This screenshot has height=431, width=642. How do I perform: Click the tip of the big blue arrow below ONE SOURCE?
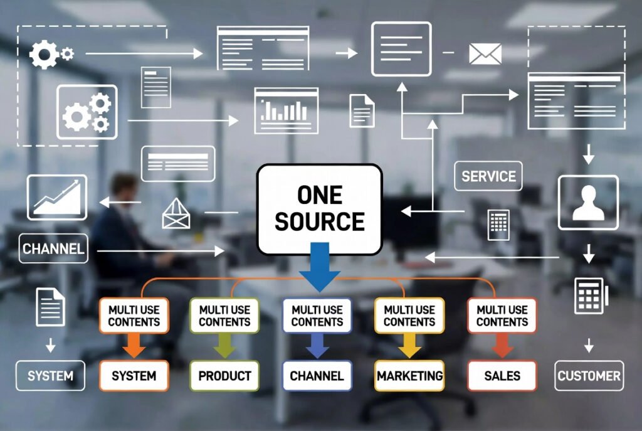click(x=320, y=292)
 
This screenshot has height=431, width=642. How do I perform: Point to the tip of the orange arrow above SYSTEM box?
click(x=134, y=358)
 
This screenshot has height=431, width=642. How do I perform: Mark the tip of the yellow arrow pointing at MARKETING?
click(x=409, y=358)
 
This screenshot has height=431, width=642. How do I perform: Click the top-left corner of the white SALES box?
click(x=468, y=361)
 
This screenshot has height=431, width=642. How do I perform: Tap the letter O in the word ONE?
click(x=305, y=195)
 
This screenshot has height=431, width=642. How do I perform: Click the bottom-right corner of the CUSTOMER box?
click(x=624, y=390)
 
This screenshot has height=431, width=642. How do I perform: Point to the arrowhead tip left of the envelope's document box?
click(x=357, y=53)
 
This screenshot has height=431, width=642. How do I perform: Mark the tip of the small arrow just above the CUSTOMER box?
click(x=589, y=353)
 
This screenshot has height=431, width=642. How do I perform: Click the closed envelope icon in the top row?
click(x=485, y=54)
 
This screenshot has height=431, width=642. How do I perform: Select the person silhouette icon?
click(x=588, y=203)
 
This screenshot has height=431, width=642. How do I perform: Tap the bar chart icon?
click(x=286, y=110)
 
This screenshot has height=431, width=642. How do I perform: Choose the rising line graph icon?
click(x=57, y=198)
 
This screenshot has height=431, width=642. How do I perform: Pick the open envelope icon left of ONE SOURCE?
click(x=176, y=213)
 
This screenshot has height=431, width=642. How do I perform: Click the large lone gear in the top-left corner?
click(x=44, y=54)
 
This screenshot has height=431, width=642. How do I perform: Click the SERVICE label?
click(x=488, y=176)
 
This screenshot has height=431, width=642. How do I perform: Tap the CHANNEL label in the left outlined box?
click(x=53, y=248)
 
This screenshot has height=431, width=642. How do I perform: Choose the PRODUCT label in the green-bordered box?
click(x=225, y=376)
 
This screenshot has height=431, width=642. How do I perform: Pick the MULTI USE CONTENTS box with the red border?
click(x=502, y=316)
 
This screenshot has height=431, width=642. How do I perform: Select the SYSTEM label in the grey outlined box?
click(x=50, y=376)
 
